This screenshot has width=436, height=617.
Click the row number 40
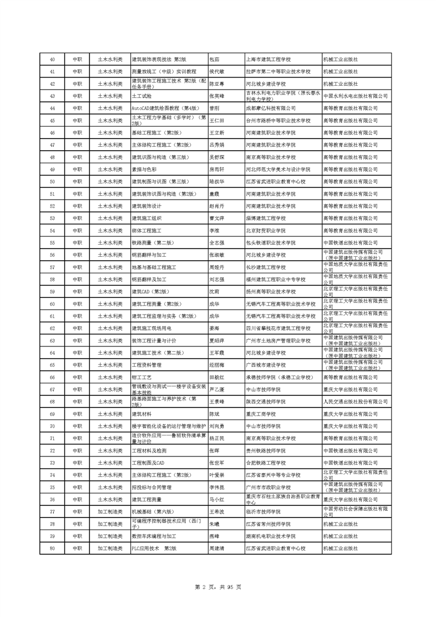tap(52, 59)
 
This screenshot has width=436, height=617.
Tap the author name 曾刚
tap(214, 108)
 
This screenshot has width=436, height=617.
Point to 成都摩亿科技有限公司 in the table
tap(272, 108)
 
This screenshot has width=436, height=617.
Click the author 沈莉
tap(214, 291)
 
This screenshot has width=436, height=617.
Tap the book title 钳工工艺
tap(141, 377)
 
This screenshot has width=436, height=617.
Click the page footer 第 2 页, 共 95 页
tap(218, 588)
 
